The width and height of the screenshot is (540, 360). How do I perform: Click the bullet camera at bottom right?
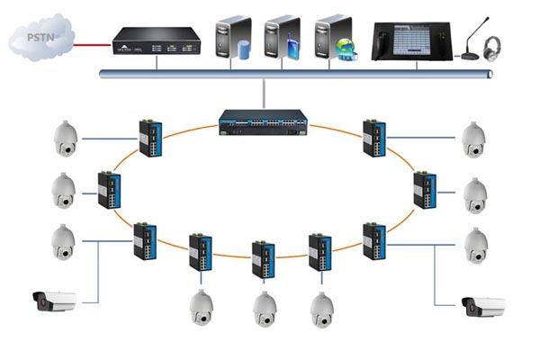[482, 307]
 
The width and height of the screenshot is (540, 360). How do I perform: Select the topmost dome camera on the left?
[66, 138]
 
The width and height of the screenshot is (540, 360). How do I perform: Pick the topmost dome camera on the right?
[473, 138]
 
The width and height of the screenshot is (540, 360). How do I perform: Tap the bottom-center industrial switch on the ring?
[262, 258]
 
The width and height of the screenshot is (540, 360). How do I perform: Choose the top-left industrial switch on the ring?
[149, 138]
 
